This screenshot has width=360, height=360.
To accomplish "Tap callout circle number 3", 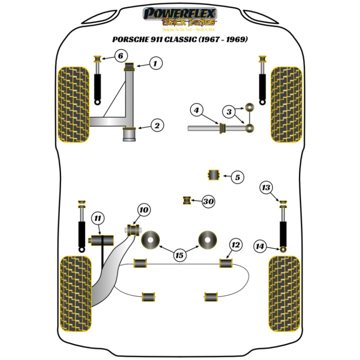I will pyautogui.click(x=228, y=112).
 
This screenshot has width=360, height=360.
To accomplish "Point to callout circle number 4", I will pyautogui.click(x=196, y=110).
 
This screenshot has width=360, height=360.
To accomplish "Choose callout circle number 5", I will pyautogui.click(x=237, y=177).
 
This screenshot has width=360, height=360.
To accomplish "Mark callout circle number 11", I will pyautogui.click(x=98, y=218).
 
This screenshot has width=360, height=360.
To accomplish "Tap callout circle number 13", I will pyautogui.click(x=266, y=188).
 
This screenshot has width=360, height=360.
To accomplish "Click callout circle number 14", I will pyautogui.click(x=259, y=247).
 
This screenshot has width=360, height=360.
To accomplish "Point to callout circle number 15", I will pyautogui.click(x=179, y=255).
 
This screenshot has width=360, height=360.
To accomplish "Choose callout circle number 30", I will pyautogui.click(x=208, y=202).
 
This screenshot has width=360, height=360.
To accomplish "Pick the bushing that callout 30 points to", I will pyautogui.click(x=187, y=200).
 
